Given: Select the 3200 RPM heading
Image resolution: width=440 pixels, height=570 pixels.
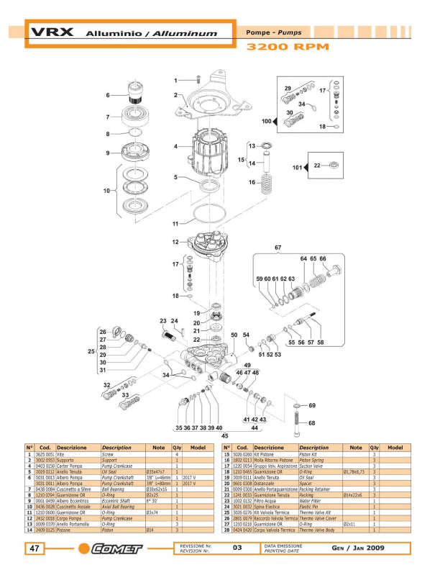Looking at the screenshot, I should click(x=288, y=47).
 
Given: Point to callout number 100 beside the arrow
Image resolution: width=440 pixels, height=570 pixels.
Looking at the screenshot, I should click(x=266, y=122).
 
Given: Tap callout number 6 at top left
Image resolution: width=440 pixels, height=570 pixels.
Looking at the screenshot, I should click(x=108, y=95).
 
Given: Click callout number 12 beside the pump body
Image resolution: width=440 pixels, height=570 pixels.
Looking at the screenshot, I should click(x=175, y=242).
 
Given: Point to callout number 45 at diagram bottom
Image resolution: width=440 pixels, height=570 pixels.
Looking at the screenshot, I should click(x=225, y=435).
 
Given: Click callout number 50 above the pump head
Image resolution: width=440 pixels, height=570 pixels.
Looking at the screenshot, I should click(x=234, y=335).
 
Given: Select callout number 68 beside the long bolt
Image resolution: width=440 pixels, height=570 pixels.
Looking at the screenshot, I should click(x=311, y=422).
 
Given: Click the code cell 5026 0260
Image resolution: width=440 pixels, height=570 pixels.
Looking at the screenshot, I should click(x=242, y=455).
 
